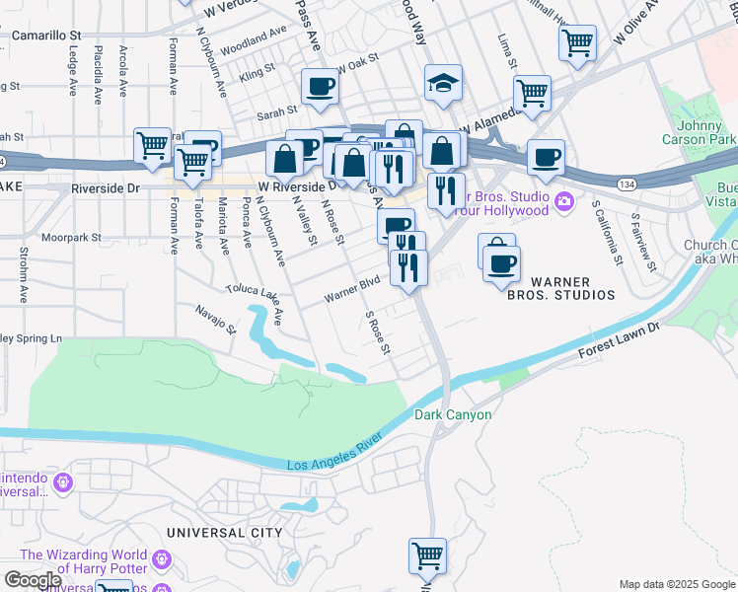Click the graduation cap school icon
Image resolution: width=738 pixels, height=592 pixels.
pyautogui.click(x=444, y=85)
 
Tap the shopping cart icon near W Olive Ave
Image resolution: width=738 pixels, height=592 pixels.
pyautogui.click(x=577, y=42)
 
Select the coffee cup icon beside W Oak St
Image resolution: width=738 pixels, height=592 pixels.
pyautogui.click(x=319, y=88)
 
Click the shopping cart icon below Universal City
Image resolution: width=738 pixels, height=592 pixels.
pyautogui.click(x=427, y=555)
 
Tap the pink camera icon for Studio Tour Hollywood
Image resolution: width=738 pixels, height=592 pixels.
pyautogui.click(x=563, y=202)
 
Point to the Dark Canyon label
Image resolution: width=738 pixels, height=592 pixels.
pyautogui.click(x=453, y=415)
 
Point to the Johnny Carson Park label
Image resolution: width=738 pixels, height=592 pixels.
pyautogui.click(x=707, y=133)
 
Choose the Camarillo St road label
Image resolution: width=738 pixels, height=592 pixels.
pyautogui.click(x=46, y=35)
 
